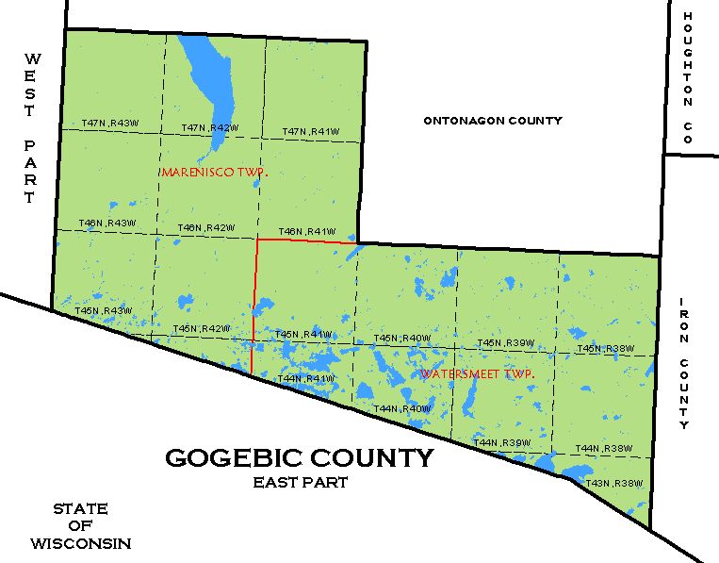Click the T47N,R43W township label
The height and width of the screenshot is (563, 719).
point(109,124)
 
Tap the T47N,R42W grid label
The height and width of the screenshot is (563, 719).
point(208,128)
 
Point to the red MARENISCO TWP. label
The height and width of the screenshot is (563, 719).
point(215,173)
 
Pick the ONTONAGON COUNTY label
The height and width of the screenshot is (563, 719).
point(493,121)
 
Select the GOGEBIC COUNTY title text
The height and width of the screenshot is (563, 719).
point(300,458)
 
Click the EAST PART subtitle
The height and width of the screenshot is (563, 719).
point(301,482)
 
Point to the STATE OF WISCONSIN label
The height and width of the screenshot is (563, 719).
point(80,525)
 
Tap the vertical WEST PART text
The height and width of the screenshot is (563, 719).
point(30,128)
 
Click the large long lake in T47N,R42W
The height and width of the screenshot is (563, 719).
point(207,85)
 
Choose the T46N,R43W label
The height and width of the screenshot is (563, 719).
point(108,223)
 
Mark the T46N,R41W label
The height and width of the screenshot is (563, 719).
point(306,231)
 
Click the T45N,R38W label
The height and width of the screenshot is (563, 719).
point(605,348)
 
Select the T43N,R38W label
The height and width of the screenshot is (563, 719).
point(613,484)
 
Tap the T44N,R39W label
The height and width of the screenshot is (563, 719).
point(502,442)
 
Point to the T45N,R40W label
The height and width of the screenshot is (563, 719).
point(401,339)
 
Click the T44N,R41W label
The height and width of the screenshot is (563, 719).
point(306,379)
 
